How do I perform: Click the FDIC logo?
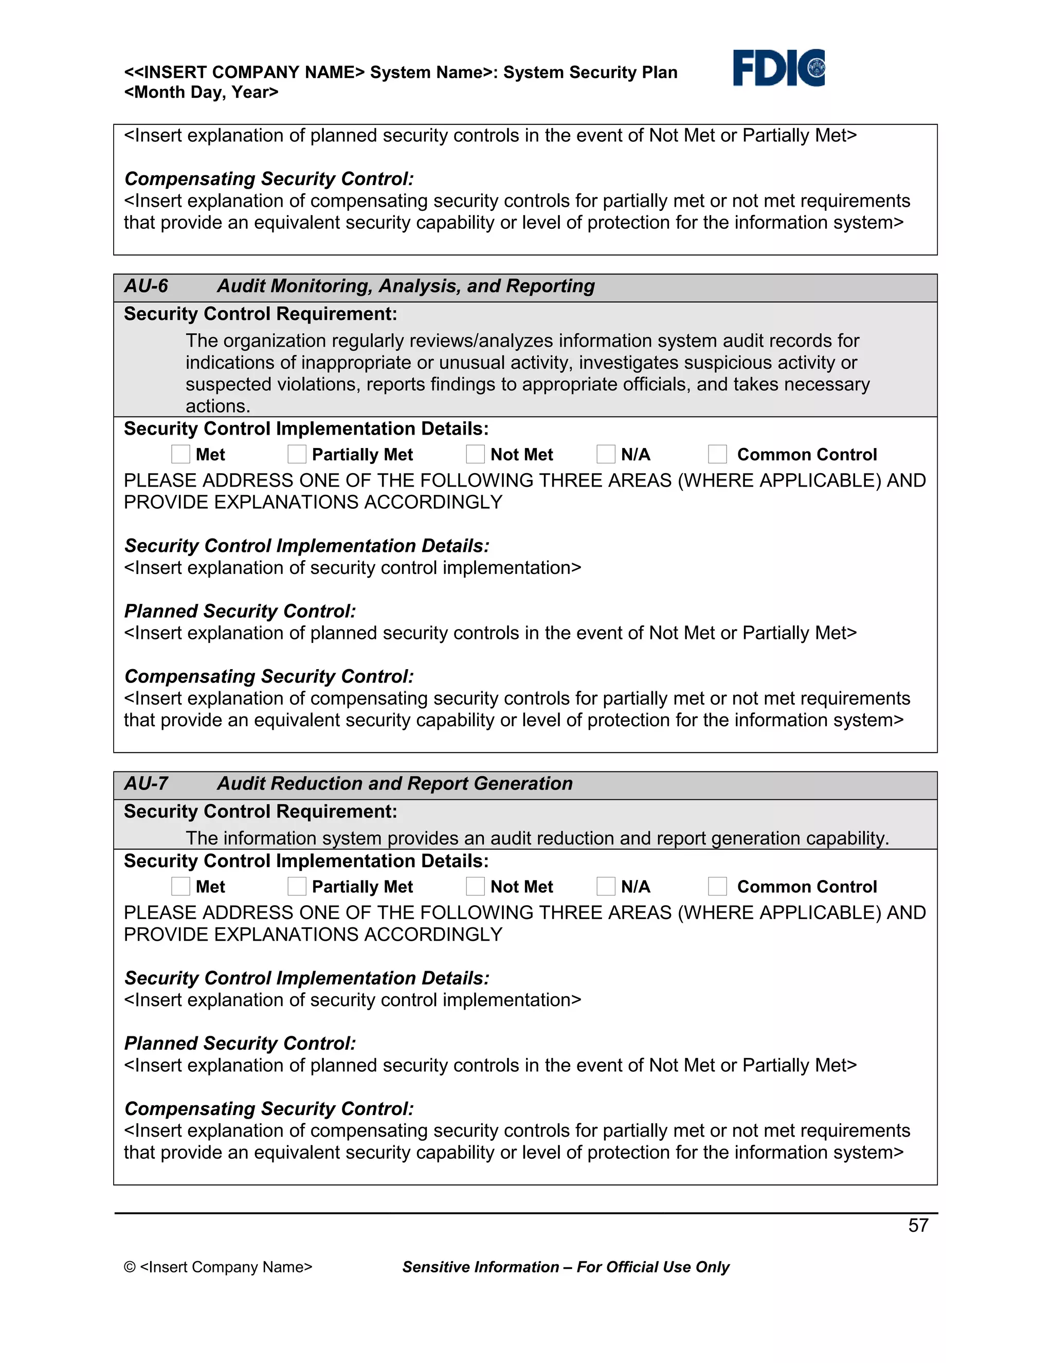(x=778, y=67)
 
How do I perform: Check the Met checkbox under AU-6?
(x=180, y=454)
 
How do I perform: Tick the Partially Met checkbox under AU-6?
(x=297, y=454)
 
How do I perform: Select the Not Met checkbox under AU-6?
(x=476, y=454)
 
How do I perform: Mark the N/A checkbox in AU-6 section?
(x=606, y=454)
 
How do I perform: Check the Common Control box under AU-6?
(x=717, y=454)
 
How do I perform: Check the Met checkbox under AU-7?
(x=180, y=886)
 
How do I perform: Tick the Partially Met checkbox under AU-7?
(x=297, y=886)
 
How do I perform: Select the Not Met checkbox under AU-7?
(x=476, y=886)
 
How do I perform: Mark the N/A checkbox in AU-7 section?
(x=606, y=886)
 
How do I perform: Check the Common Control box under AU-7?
(x=717, y=886)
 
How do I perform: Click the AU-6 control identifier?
(x=146, y=286)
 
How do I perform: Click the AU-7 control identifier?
(x=146, y=783)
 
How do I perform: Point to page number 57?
(x=918, y=1225)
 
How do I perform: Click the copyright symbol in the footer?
(x=130, y=1267)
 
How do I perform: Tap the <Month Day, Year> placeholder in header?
(x=201, y=93)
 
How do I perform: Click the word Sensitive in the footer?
(x=437, y=1267)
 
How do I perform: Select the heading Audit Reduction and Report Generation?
(x=394, y=783)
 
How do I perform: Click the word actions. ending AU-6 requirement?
(x=217, y=406)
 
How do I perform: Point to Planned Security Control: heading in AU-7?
(x=240, y=1043)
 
